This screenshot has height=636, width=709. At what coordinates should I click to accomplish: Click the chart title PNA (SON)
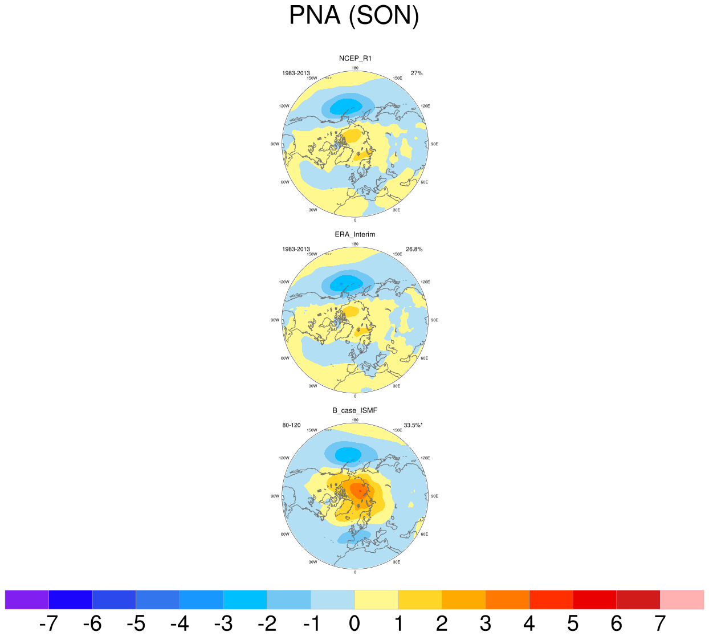(354, 15)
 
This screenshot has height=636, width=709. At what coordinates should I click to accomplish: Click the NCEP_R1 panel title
(355, 58)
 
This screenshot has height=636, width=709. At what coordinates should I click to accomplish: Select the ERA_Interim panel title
(355, 234)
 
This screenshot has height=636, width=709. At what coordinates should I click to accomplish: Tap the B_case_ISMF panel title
(355, 410)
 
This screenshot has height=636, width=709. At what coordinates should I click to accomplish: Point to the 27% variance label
(417, 74)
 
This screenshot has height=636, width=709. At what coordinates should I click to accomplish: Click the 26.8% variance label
(414, 250)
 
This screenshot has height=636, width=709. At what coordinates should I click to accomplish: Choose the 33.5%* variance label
(413, 426)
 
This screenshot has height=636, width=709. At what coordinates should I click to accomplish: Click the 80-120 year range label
(291, 426)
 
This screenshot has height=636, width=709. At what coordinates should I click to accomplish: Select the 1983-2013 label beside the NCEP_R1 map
(296, 74)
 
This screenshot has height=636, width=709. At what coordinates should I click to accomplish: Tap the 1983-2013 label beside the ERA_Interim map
(296, 250)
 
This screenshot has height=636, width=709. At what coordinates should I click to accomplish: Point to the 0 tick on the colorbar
(354, 624)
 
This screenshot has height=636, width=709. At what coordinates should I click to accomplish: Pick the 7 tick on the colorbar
(660, 624)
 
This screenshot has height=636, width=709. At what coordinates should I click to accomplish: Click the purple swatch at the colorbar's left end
(27, 600)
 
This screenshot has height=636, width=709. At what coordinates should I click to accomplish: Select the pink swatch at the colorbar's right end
(682, 600)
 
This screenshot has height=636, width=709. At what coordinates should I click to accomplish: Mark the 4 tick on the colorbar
(529, 624)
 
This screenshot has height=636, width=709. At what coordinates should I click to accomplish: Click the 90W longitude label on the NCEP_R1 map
(275, 144)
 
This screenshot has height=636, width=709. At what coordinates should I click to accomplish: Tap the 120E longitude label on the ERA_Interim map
(425, 282)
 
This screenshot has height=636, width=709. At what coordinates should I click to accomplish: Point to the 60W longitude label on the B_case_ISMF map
(285, 535)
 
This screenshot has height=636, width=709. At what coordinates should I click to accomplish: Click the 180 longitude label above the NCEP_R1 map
(355, 68)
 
